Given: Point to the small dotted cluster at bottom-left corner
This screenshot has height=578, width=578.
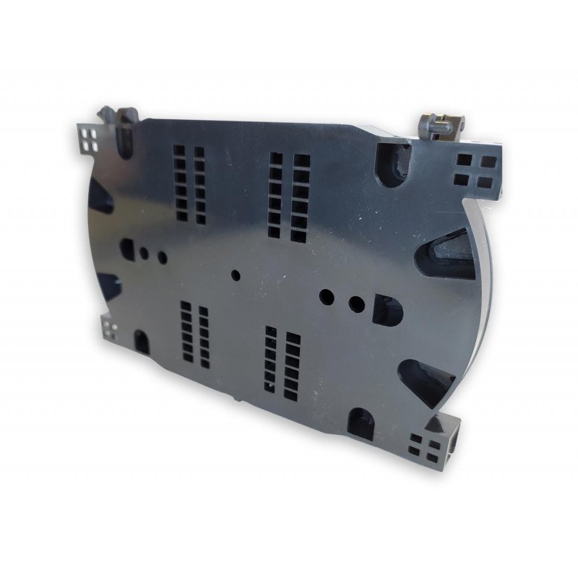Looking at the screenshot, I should tap(111, 329).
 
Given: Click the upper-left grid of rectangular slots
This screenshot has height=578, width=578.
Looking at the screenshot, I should tap(189, 184).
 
